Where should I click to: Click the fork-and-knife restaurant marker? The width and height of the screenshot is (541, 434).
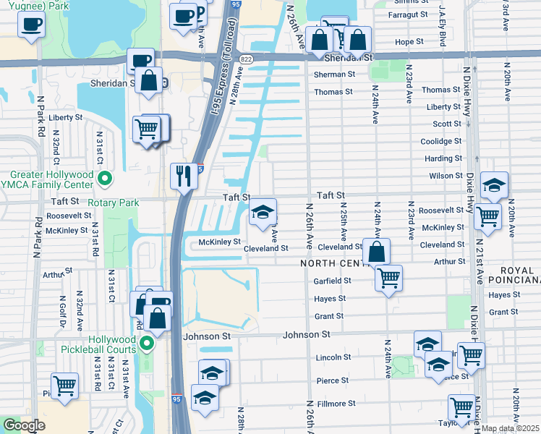[182, 176]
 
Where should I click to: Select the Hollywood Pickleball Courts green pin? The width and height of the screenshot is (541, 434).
[147, 342]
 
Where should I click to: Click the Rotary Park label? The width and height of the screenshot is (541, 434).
[113, 203]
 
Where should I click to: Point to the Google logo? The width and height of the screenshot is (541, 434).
[24, 425]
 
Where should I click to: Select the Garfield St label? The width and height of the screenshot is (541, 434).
[333, 280]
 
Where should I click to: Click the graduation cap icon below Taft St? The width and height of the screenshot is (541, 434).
[263, 212]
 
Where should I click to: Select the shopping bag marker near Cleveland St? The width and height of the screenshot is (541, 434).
[376, 252]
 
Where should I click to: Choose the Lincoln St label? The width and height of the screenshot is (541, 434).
[333, 357]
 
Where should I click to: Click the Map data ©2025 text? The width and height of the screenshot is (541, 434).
[511, 428]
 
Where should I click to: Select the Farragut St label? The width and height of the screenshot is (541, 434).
[409, 14]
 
